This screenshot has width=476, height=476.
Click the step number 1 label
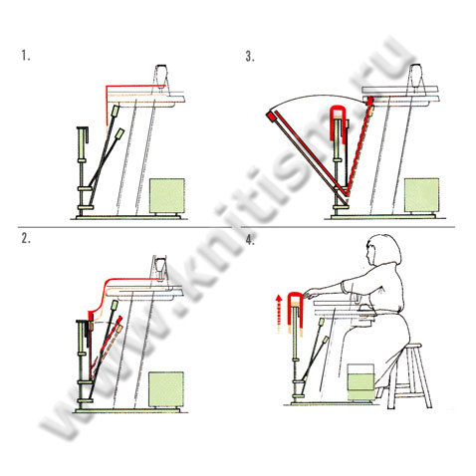[26, 56]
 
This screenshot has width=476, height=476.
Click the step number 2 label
[26, 238]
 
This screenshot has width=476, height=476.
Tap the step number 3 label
[250, 57]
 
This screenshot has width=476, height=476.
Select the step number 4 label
[250, 239]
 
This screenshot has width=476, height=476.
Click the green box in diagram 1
[167, 195]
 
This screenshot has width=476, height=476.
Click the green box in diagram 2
[166, 388]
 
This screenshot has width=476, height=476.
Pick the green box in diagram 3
[421, 194]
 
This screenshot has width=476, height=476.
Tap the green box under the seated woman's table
[360, 382]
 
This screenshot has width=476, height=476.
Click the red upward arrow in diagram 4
[279, 313]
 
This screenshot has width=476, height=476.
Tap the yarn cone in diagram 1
[161, 76]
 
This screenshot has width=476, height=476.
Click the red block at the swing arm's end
[271, 116]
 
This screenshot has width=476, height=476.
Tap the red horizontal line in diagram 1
[131, 86]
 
